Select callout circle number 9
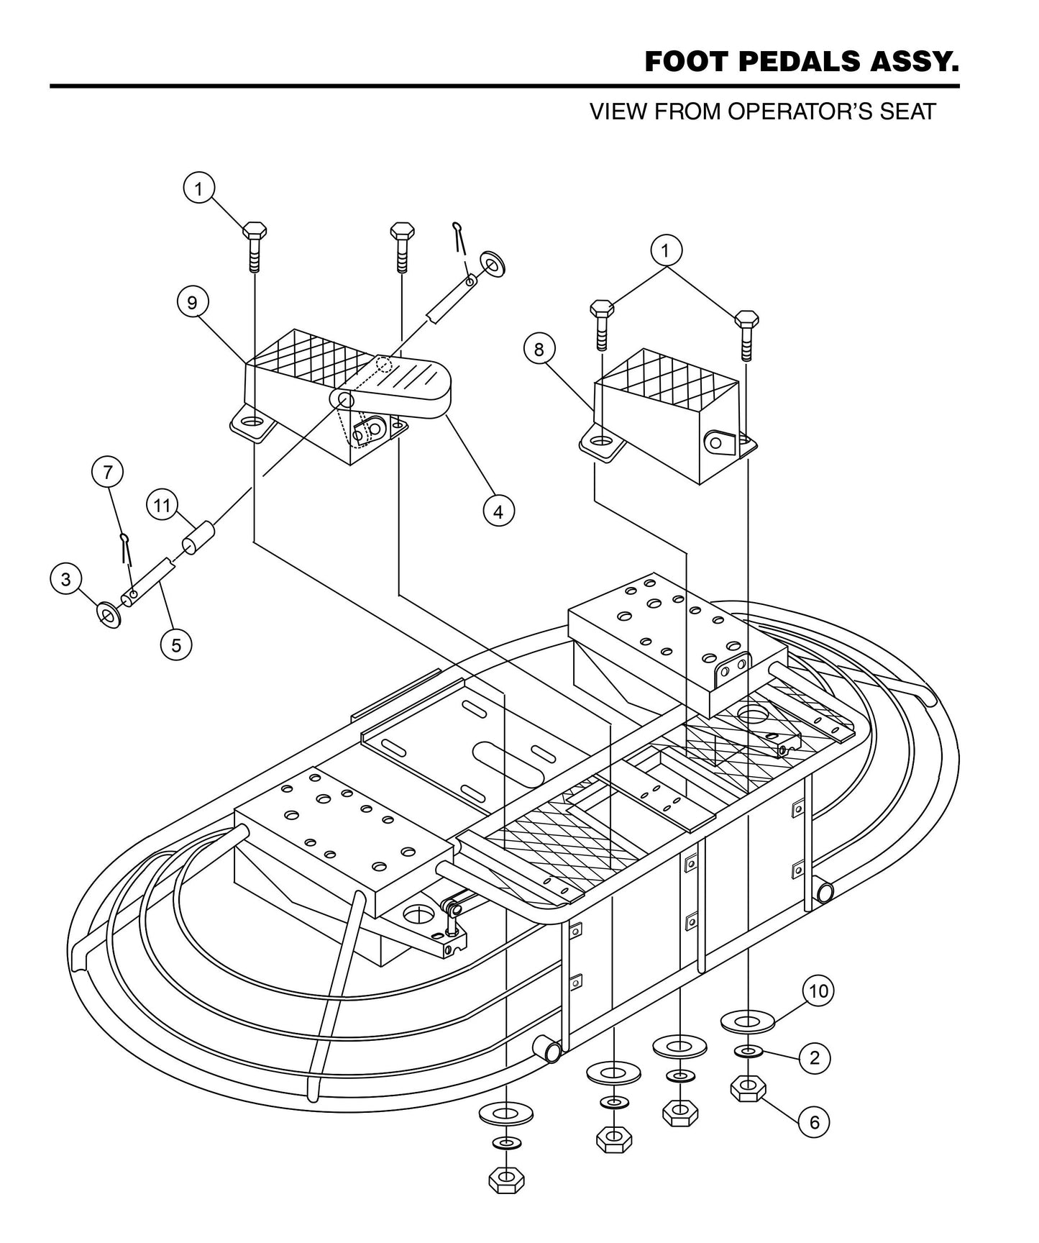pyautogui.click(x=192, y=302)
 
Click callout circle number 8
pyautogui.click(x=539, y=349)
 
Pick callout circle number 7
pyautogui.click(x=108, y=472)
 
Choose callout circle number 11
pyautogui.click(x=163, y=506)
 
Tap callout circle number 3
pyautogui.click(x=66, y=579)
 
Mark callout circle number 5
pyautogui.click(x=176, y=645)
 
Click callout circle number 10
pyautogui.click(x=818, y=991)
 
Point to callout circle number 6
pyautogui.click(x=814, y=1122)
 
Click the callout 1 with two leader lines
pyautogui.click(x=666, y=250)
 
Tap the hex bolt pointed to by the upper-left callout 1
pyautogui.click(x=255, y=245)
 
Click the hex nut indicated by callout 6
pyautogui.click(x=749, y=1088)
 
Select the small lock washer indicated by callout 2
pyautogui.click(x=749, y=1052)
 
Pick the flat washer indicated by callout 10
pyautogui.click(x=748, y=1020)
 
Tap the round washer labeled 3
pyautogui.click(x=109, y=615)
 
